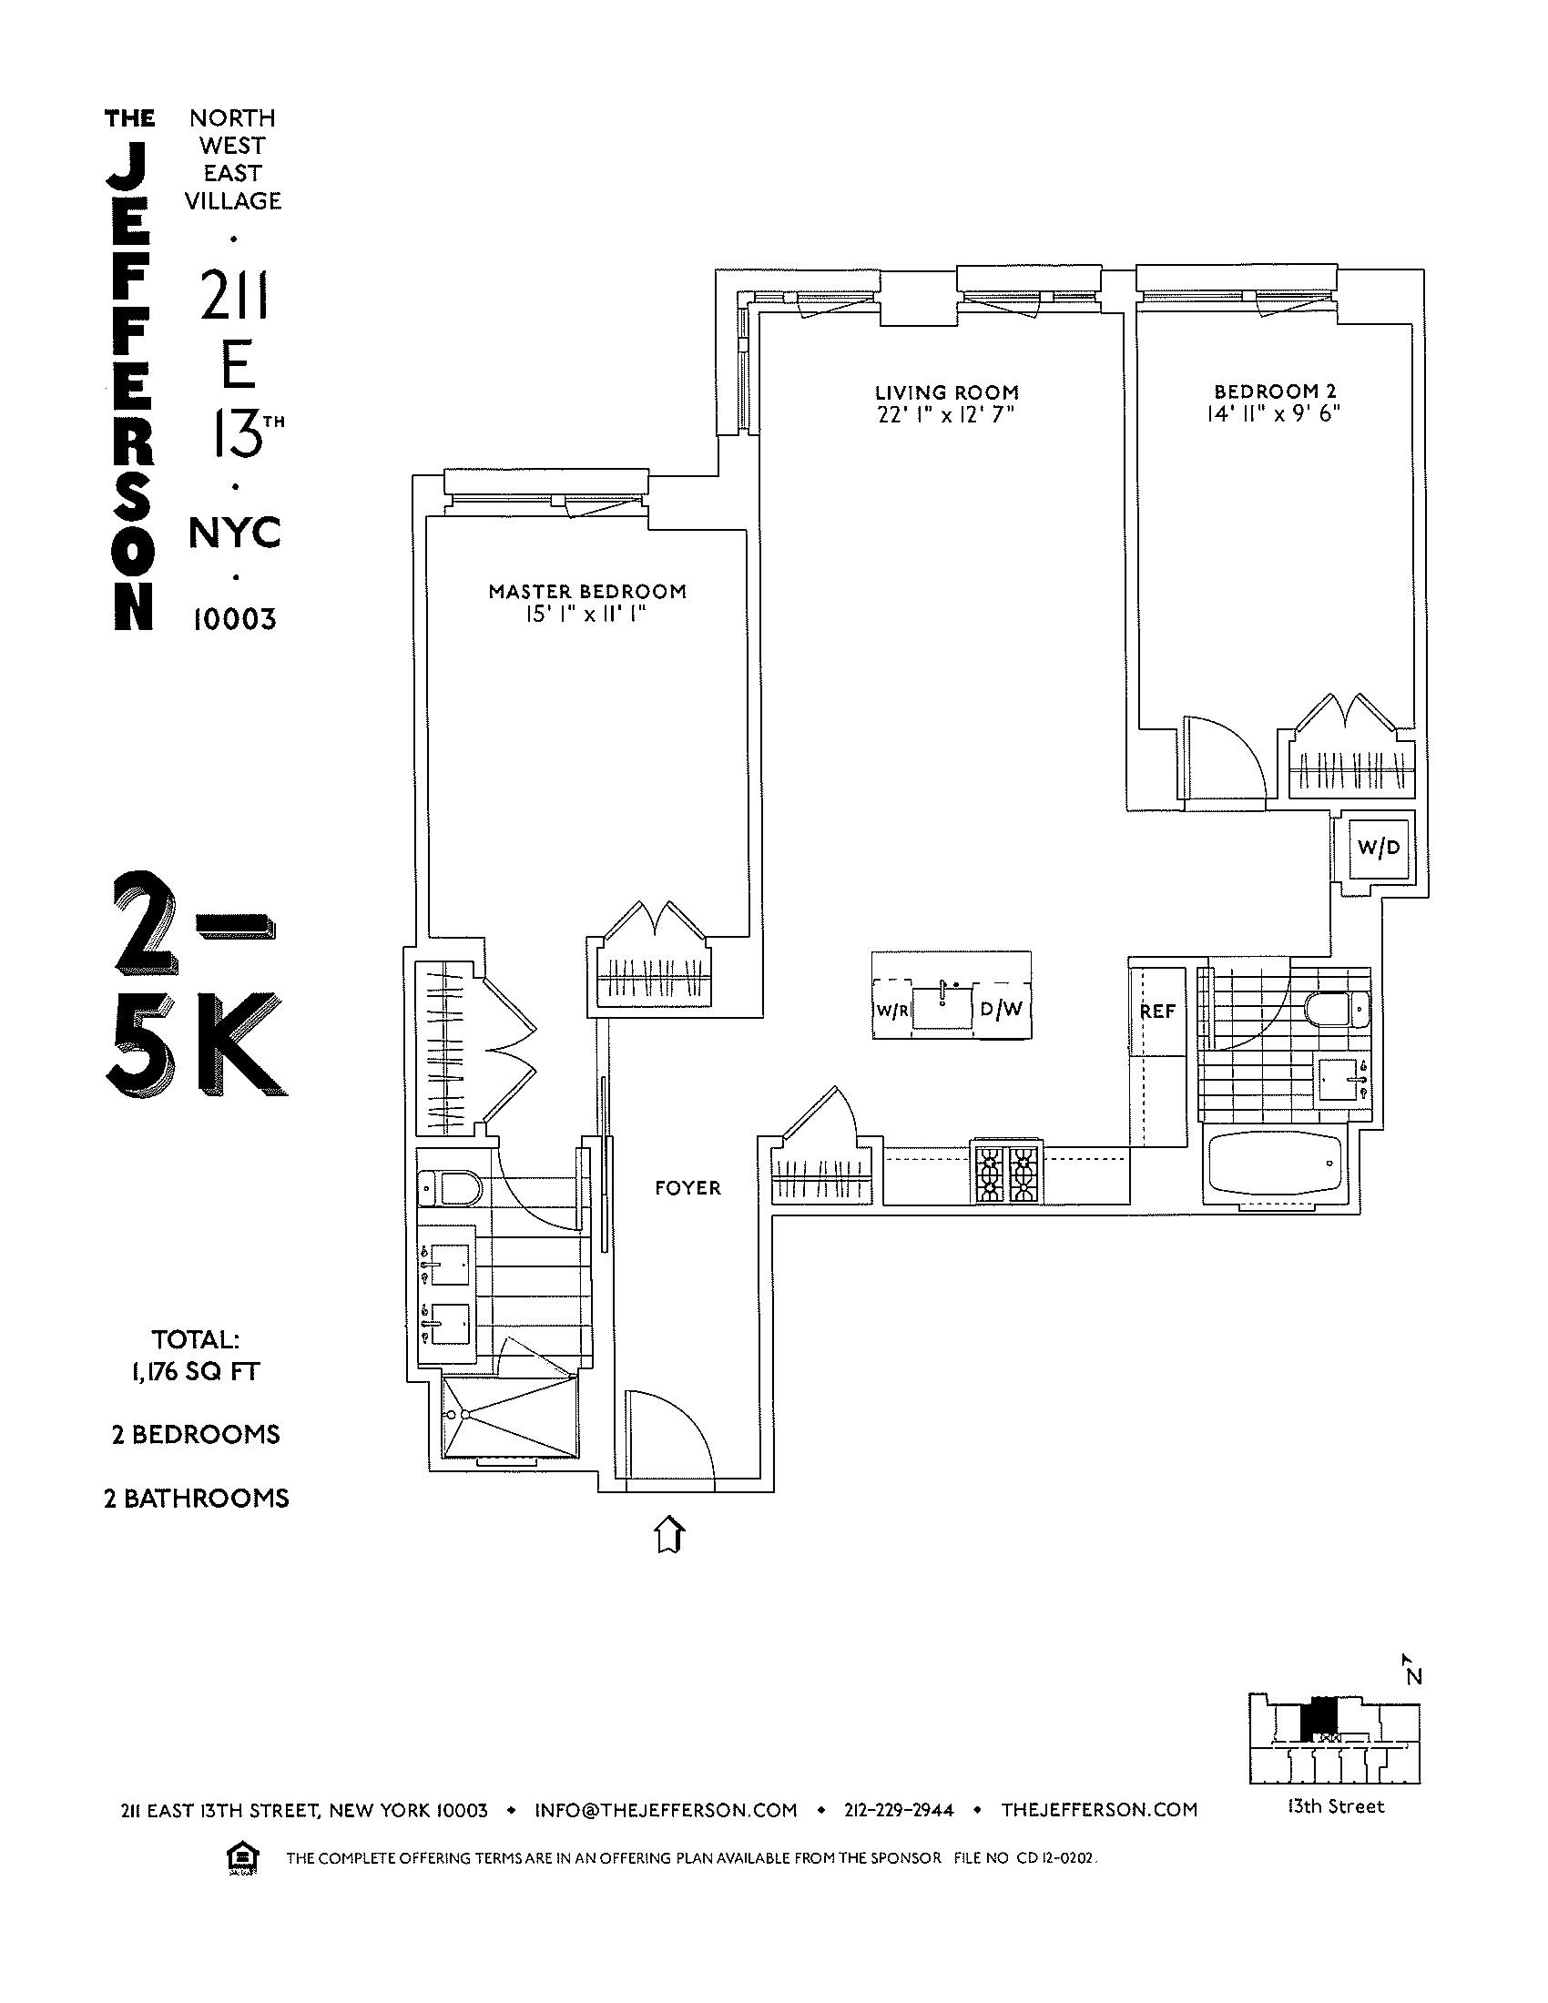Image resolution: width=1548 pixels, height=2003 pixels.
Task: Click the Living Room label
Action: tap(946, 392)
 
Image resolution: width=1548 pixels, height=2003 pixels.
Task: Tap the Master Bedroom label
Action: tap(587, 592)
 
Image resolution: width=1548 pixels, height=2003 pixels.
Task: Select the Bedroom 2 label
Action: tap(1274, 391)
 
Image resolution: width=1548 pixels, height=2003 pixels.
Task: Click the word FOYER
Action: tap(687, 1188)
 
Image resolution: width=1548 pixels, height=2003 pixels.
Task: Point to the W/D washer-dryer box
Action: tap(1379, 849)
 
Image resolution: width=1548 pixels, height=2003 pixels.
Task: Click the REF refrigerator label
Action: tap(1157, 1012)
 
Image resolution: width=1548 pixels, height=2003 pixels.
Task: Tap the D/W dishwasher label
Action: tap(1001, 1010)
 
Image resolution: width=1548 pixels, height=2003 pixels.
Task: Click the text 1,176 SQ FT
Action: tap(196, 1372)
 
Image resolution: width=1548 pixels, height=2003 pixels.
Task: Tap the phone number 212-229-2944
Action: tap(899, 1809)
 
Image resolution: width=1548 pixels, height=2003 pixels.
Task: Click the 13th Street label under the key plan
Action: tap(1334, 1806)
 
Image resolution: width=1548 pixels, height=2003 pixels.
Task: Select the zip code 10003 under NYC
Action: tap(234, 620)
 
